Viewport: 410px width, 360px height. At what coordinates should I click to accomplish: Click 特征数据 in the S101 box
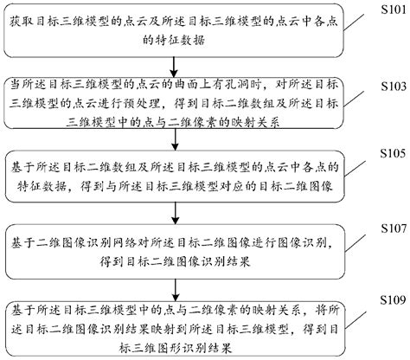point(199,39)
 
